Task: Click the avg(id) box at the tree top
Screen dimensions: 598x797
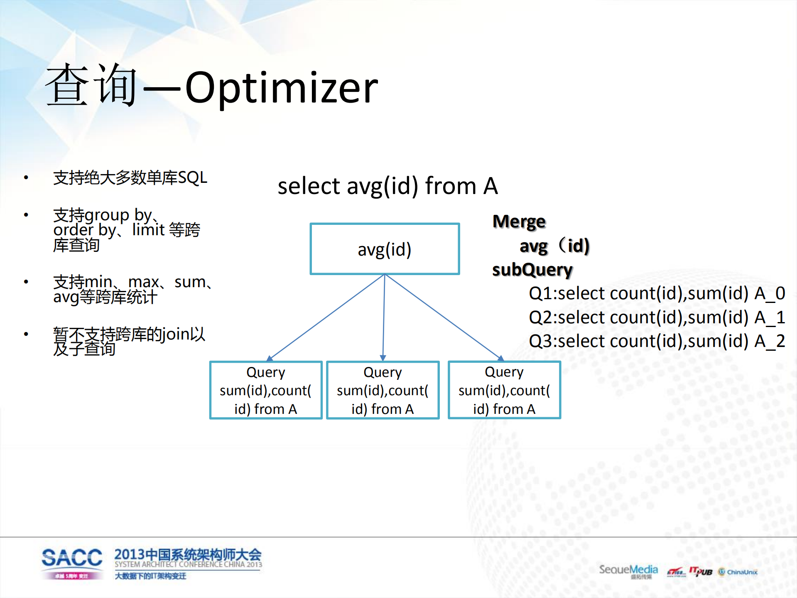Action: tap(385, 249)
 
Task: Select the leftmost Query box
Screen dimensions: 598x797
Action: tap(266, 390)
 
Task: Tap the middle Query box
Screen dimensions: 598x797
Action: tap(383, 390)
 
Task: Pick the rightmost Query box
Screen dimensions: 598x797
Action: tap(504, 390)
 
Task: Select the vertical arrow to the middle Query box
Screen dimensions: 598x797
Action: tap(384, 317)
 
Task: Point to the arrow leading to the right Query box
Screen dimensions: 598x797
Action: tap(444, 317)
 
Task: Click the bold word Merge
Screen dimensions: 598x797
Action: tap(519, 221)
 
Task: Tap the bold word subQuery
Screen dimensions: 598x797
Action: tap(532, 270)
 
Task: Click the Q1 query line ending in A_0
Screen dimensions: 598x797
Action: tap(657, 293)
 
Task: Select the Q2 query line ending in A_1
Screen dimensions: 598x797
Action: tap(657, 317)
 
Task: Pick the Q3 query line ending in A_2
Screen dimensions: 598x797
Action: tap(657, 341)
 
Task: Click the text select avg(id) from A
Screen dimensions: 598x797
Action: tap(387, 186)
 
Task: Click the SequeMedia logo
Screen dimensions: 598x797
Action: tap(628, 571)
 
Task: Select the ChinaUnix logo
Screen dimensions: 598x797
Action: tap(738, 572)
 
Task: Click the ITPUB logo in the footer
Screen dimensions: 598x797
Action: tap(701, 572)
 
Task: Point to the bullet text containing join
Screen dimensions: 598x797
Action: tap(129, 341)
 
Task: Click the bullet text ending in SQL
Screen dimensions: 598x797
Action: tap(130, 178)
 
